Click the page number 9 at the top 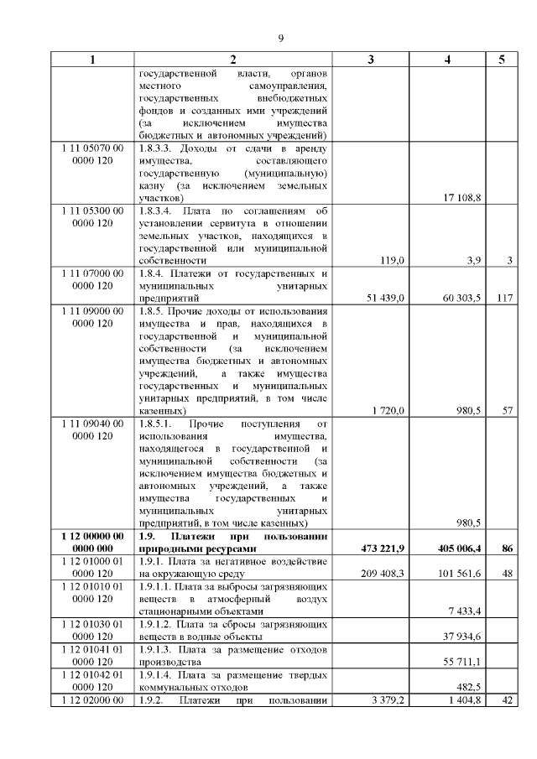pyautogui.click(x=281, y=38)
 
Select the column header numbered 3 pyautogui.click(x=370, y=60)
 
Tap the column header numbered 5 pyautogui.click(x=502, y=60)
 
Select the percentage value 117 pyautogui.click(x=503, y=297)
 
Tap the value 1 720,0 pyautogui.click(x=388, y=411)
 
